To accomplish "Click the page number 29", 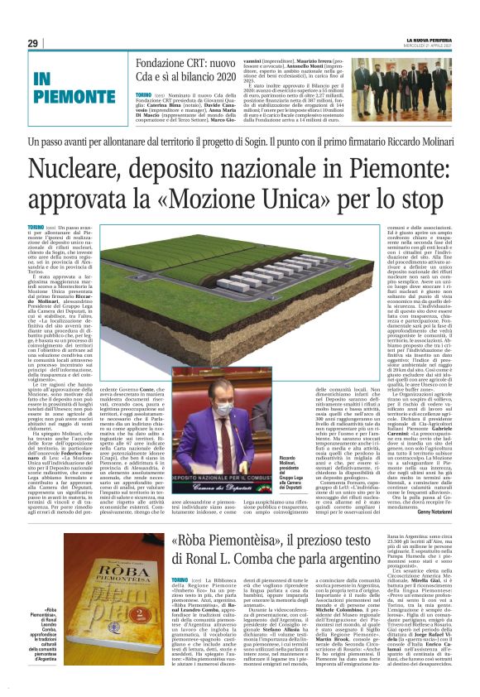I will [x=33, y=43].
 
